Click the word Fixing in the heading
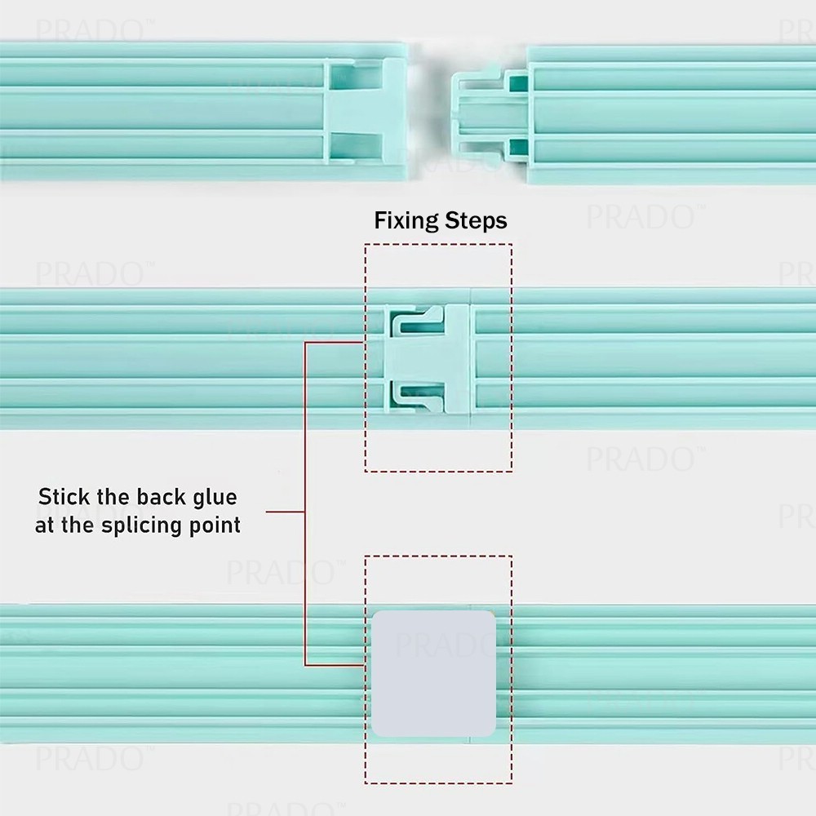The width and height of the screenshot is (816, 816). point(406,221)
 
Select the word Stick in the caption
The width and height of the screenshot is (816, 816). point(63,497)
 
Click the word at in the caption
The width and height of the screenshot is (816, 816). point(44,525)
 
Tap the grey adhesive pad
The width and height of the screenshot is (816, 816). point(433,673)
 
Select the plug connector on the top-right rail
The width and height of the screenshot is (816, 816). point(481,113)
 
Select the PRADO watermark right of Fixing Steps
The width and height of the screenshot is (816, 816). point(641,218)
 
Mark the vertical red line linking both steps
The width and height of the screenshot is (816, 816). point(304,506)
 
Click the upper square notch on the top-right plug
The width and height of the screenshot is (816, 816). point(517,82)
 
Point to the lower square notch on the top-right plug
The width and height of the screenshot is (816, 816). point(517,148)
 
